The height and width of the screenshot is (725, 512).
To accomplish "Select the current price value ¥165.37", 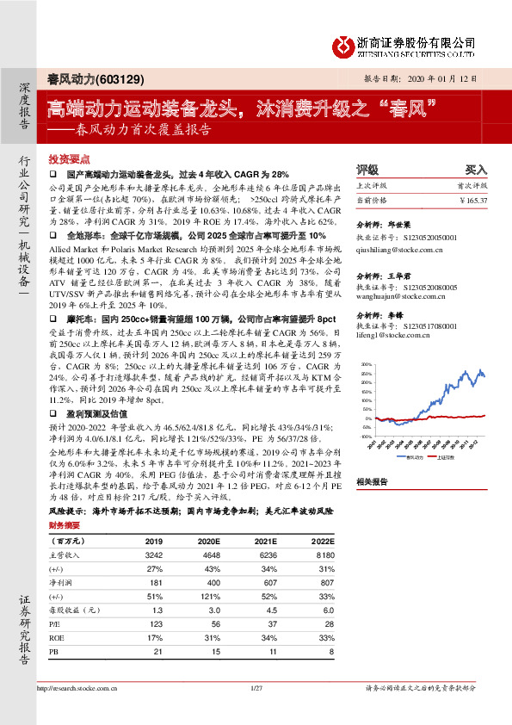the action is point(472,200).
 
